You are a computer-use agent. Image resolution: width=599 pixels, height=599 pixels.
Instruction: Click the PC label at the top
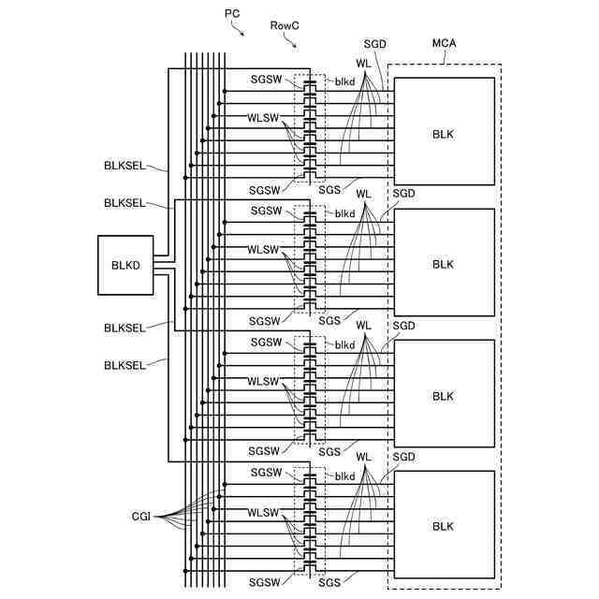pyautogui.click(x=232, y=14)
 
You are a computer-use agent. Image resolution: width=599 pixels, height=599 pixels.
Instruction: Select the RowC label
pyautogui.click(x=285, y=25)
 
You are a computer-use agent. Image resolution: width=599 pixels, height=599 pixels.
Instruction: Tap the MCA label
pyautogui.click(x=444, y=43)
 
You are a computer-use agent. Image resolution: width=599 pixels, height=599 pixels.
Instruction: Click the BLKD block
pyautogui.click(x=125, y=265)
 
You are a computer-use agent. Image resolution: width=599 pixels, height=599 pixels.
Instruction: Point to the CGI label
pyautogui.click(x=141, y=517)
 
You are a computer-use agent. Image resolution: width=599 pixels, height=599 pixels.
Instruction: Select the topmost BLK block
pyautogui.click(x=445, y=131)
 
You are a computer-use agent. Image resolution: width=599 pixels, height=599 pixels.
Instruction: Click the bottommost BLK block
pyautogui.click(x=445, y=524)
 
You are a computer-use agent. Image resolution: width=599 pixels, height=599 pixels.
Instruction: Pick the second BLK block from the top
pyautogui.click(x=445, y=262)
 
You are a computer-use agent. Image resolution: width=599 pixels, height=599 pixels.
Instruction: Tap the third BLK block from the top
pyautogui.click(x=445, y=393)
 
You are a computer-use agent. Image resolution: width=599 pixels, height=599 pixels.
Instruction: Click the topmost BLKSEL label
pyautogui.click(x=124, y=166)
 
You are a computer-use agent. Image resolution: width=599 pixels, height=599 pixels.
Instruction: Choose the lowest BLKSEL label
pyautogui.click(x=124, y=365)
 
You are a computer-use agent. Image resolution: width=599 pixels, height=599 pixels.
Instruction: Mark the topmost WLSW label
pyautogui.click(x=263, y=118)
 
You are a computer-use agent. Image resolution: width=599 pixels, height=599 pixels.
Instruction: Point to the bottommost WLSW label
pyautogui.click(x=263, y=512)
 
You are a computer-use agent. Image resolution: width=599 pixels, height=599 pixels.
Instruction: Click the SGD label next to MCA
pyautogui.click(x=374, y=44)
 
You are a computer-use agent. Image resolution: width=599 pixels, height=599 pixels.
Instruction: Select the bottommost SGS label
pyautogui.click(x=329, y=582)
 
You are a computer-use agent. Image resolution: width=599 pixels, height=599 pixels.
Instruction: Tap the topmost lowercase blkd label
pyautogui.click(x=345, y=81)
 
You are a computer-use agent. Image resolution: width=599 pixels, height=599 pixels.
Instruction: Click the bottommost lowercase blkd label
pyautogui.click(x=345, y=476)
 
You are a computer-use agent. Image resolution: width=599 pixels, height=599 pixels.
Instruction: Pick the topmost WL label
pyautogui.click(x=363, y=64)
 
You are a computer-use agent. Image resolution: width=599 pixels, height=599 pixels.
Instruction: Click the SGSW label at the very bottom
pyautogui.click(x=264, y=582)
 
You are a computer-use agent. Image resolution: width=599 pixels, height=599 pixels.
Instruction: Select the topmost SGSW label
pyautogui.click(x=266, y=80)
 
